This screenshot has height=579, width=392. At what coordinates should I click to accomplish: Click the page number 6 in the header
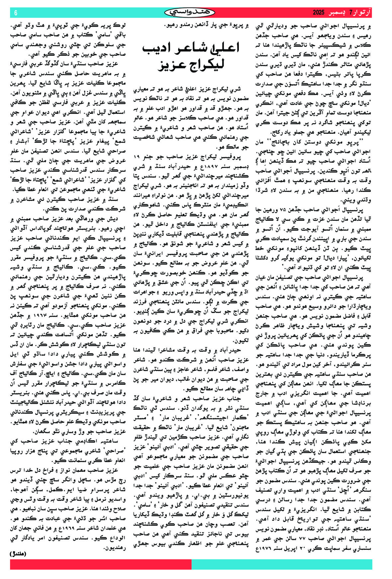point(16,13)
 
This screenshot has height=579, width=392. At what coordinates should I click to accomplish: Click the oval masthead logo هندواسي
point(190,13)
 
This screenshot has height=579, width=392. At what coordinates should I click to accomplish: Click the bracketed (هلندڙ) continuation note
point(17,554)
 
